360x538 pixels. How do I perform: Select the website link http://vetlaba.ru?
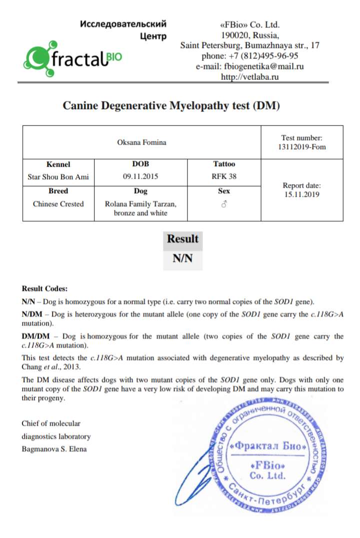[x=250, y=77]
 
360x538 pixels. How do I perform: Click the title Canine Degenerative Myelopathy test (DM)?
[x=171, y=106]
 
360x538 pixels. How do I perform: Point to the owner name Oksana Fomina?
[x=141, y=142]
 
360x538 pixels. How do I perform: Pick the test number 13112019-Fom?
[x=301, y=147]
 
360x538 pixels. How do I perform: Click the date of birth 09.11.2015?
[x=140, y=176]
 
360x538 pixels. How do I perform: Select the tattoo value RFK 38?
[x=223, y=176]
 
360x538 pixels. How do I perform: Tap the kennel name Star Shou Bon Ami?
[x=58, y=176]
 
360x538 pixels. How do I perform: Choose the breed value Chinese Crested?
[x=58, y=204]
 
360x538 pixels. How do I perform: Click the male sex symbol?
[x=223, y=204]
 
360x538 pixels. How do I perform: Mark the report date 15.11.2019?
[x=301, y=195]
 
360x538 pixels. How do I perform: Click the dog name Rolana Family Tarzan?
[x=140, y=204]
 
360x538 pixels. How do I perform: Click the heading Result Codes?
[x=44, y=289]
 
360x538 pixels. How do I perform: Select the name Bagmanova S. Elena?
[x=54, y=449]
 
